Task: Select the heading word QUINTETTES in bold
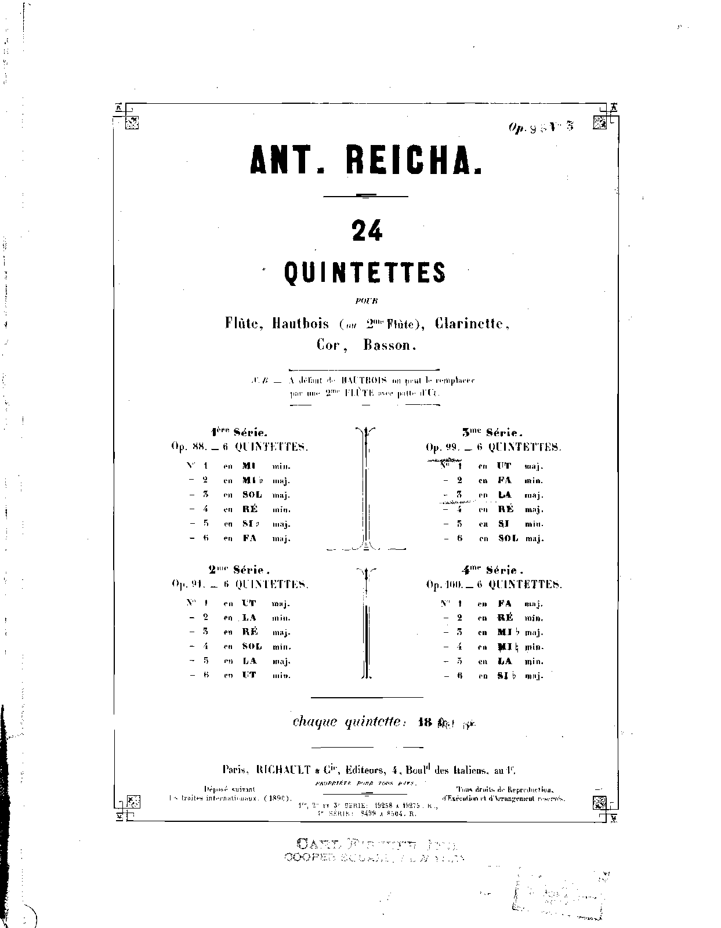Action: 365,272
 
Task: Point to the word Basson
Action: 390,345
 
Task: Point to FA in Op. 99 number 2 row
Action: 505,481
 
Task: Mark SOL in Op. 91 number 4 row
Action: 252,647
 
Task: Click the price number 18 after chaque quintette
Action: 425,723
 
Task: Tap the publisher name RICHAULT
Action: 283,770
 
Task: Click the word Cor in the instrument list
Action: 329,345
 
